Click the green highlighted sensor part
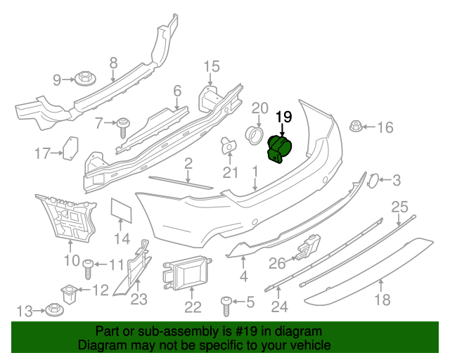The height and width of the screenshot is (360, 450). [281, 148]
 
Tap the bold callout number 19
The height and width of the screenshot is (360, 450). [283, 117]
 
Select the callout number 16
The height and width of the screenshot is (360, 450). [385, 127]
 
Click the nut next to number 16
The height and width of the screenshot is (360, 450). [356, 128]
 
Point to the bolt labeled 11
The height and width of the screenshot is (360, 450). [89, 267]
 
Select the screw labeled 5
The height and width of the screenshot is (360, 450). [227, 304]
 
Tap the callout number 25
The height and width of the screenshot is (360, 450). [399, 207]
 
